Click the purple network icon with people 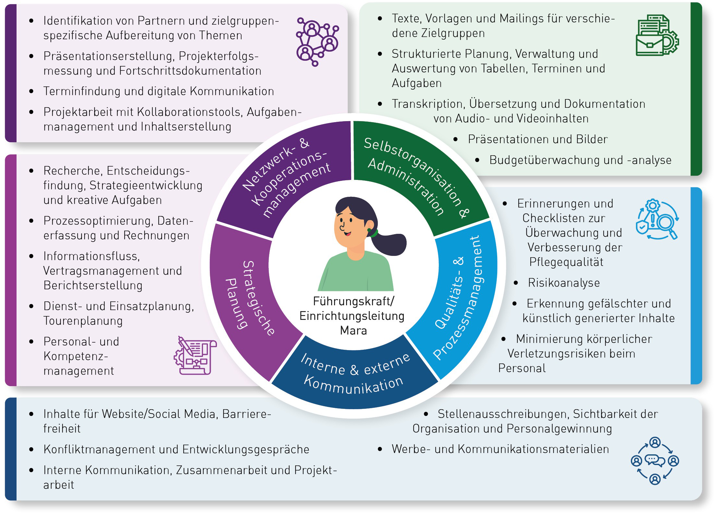tap(317, 42)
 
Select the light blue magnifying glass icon tap(657, 220)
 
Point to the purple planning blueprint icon tap(195, 356)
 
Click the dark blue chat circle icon tap(655, 460)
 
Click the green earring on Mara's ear tap(369, 230)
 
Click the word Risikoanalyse tap(564, 283)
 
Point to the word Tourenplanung tap(83, 321)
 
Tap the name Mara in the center tap(354, 331)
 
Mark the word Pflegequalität tap(566, 262)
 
